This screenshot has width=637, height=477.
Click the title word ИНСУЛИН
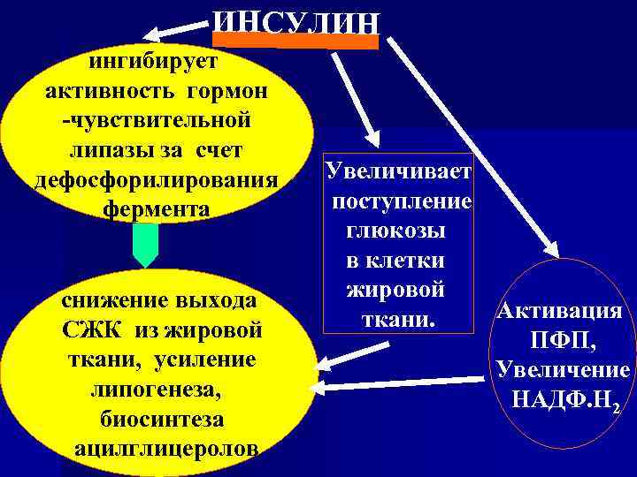[x=296, y=22]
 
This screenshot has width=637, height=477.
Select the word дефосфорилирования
[x=155, y=179]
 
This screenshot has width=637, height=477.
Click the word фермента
[x=156, y=209]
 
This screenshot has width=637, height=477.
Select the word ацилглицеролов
[x=167, y=447]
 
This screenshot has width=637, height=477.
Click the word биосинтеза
[x=162, y=418]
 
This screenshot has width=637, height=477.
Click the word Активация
[x=560, y=311]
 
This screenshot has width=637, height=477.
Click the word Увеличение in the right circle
[x=563, y=369]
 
